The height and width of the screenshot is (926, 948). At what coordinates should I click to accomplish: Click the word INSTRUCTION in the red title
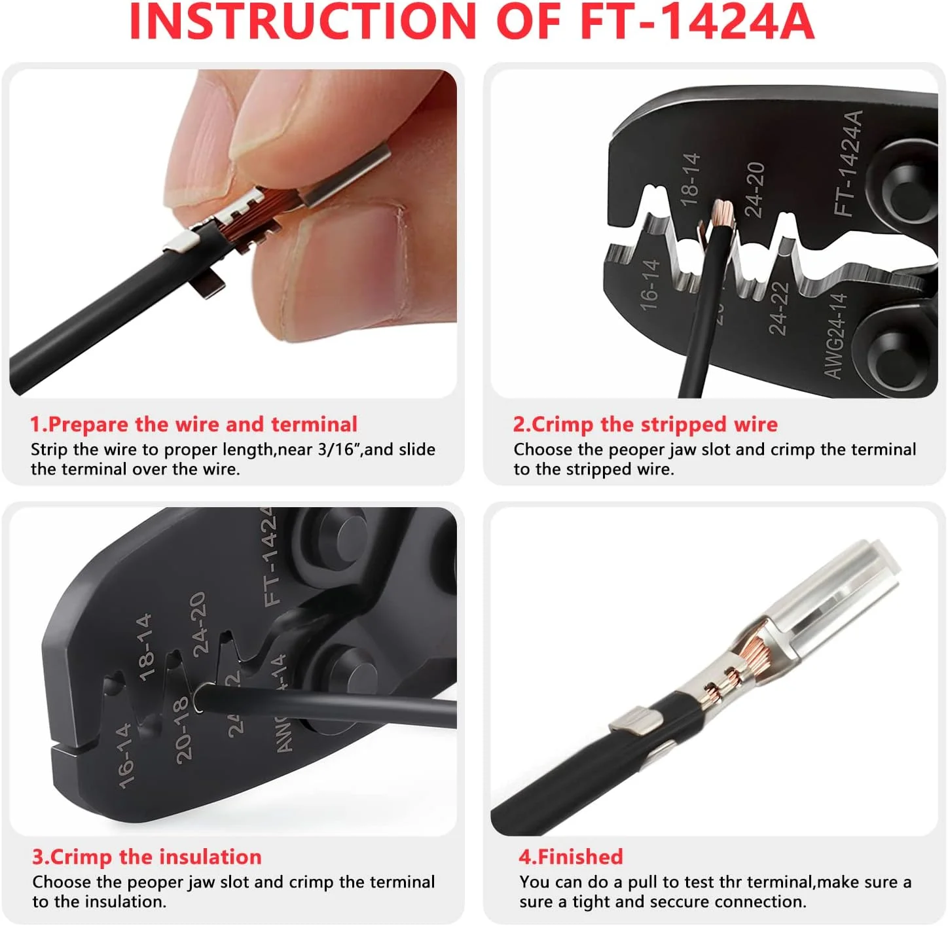[x=302, y=22]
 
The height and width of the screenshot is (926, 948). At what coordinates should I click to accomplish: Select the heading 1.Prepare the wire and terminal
[x=193, y=425]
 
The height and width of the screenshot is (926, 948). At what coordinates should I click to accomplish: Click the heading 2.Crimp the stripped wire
[x=645, y=425]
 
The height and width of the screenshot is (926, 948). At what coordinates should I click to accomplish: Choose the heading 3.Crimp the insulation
[x=147, y=857]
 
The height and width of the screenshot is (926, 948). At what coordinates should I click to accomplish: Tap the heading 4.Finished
[x=570, y=857]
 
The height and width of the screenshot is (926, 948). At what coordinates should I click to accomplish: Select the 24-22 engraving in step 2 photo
[x=778, y=308]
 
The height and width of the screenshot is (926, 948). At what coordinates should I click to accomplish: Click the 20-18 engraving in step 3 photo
[x=182, y=730]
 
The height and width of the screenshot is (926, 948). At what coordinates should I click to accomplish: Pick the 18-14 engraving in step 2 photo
[x=690, y=179]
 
